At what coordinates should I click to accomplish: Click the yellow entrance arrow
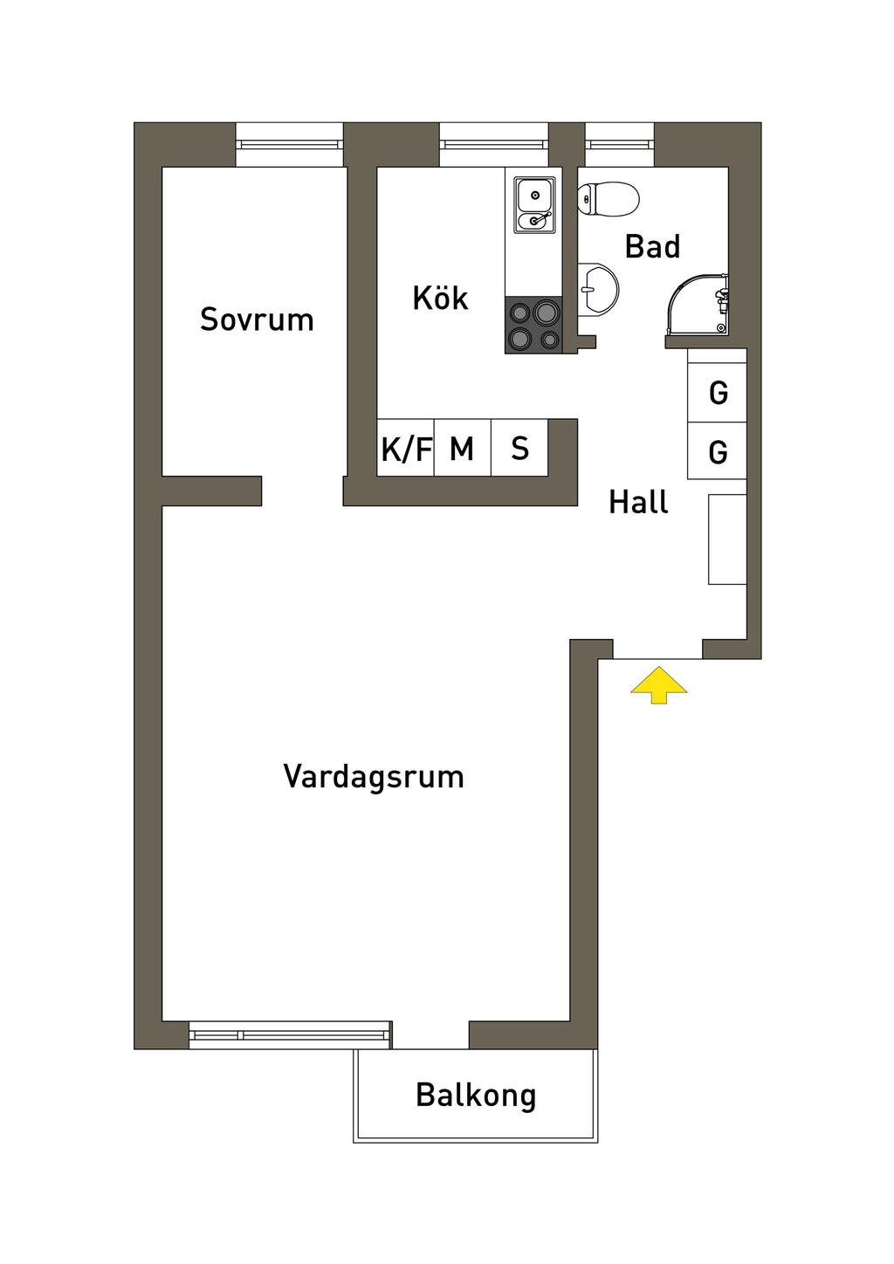659,684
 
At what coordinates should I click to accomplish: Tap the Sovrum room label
257,319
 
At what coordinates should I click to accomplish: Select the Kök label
440,299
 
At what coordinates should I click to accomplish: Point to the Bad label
652,247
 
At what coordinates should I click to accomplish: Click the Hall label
638,503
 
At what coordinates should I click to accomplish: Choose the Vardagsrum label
374,777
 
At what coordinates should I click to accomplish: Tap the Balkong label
476,1096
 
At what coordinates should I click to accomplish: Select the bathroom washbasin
599,288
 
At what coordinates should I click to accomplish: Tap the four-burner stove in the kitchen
533,325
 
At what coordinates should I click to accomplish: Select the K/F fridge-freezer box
406,449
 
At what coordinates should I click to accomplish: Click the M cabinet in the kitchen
462,449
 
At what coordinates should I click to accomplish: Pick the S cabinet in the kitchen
519,449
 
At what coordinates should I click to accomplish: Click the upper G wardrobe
718,393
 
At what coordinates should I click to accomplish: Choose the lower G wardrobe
718,451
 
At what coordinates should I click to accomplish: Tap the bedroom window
290,145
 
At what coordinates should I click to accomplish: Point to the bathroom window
619,145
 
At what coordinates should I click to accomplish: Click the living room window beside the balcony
290,1034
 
